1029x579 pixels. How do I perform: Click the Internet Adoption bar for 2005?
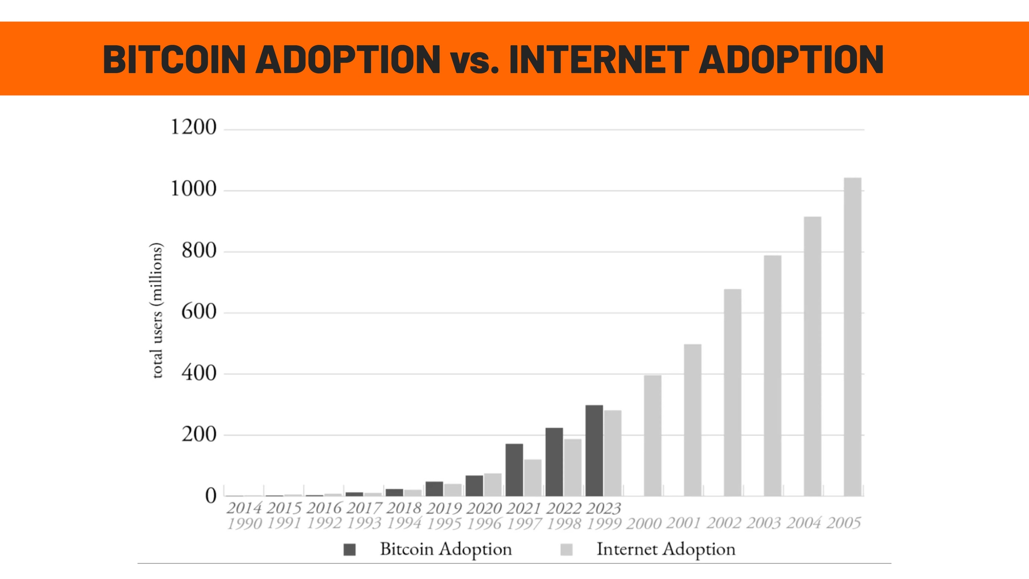(852, 337)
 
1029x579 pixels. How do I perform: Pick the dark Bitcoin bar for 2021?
(514, 470)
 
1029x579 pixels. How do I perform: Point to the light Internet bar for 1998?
(573, 467)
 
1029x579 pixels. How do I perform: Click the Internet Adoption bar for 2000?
(653, 435)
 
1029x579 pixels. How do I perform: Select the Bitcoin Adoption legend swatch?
(350, 550)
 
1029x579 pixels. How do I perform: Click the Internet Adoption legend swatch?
(566, 550)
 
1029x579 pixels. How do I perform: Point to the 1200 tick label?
(193, 127)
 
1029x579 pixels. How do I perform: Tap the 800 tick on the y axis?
(199, 251)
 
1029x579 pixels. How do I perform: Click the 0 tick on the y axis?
(210, 496)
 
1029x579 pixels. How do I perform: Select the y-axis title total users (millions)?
(157, 310)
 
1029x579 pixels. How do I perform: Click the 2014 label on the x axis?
(244, 508)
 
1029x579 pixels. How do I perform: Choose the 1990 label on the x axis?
(244, 524)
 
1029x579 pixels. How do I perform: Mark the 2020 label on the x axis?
(484, 508)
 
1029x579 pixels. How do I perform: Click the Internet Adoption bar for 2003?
(772, 375)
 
